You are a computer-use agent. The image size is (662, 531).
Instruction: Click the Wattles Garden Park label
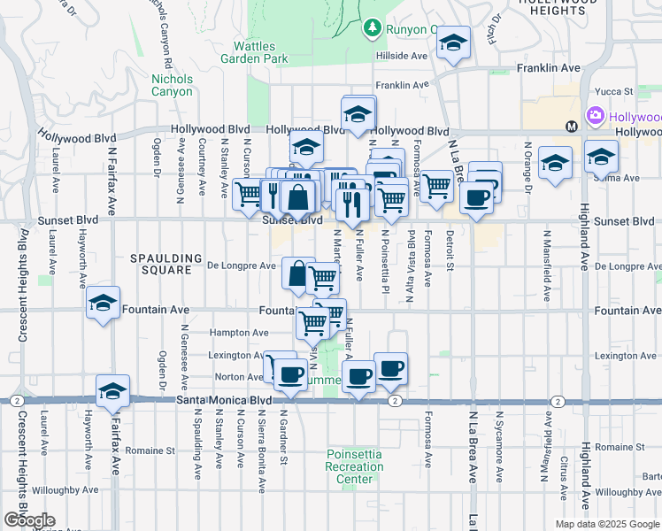[261, 52]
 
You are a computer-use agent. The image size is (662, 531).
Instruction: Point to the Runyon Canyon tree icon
[373, 29]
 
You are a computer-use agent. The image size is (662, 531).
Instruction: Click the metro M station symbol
[572, 126]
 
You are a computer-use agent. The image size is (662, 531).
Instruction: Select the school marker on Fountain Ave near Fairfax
[104, 304]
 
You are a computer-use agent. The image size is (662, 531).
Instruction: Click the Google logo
[29, 520]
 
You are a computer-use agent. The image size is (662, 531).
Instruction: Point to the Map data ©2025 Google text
[607, 524]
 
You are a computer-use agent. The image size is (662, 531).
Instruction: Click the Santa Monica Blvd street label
[223, 400]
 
